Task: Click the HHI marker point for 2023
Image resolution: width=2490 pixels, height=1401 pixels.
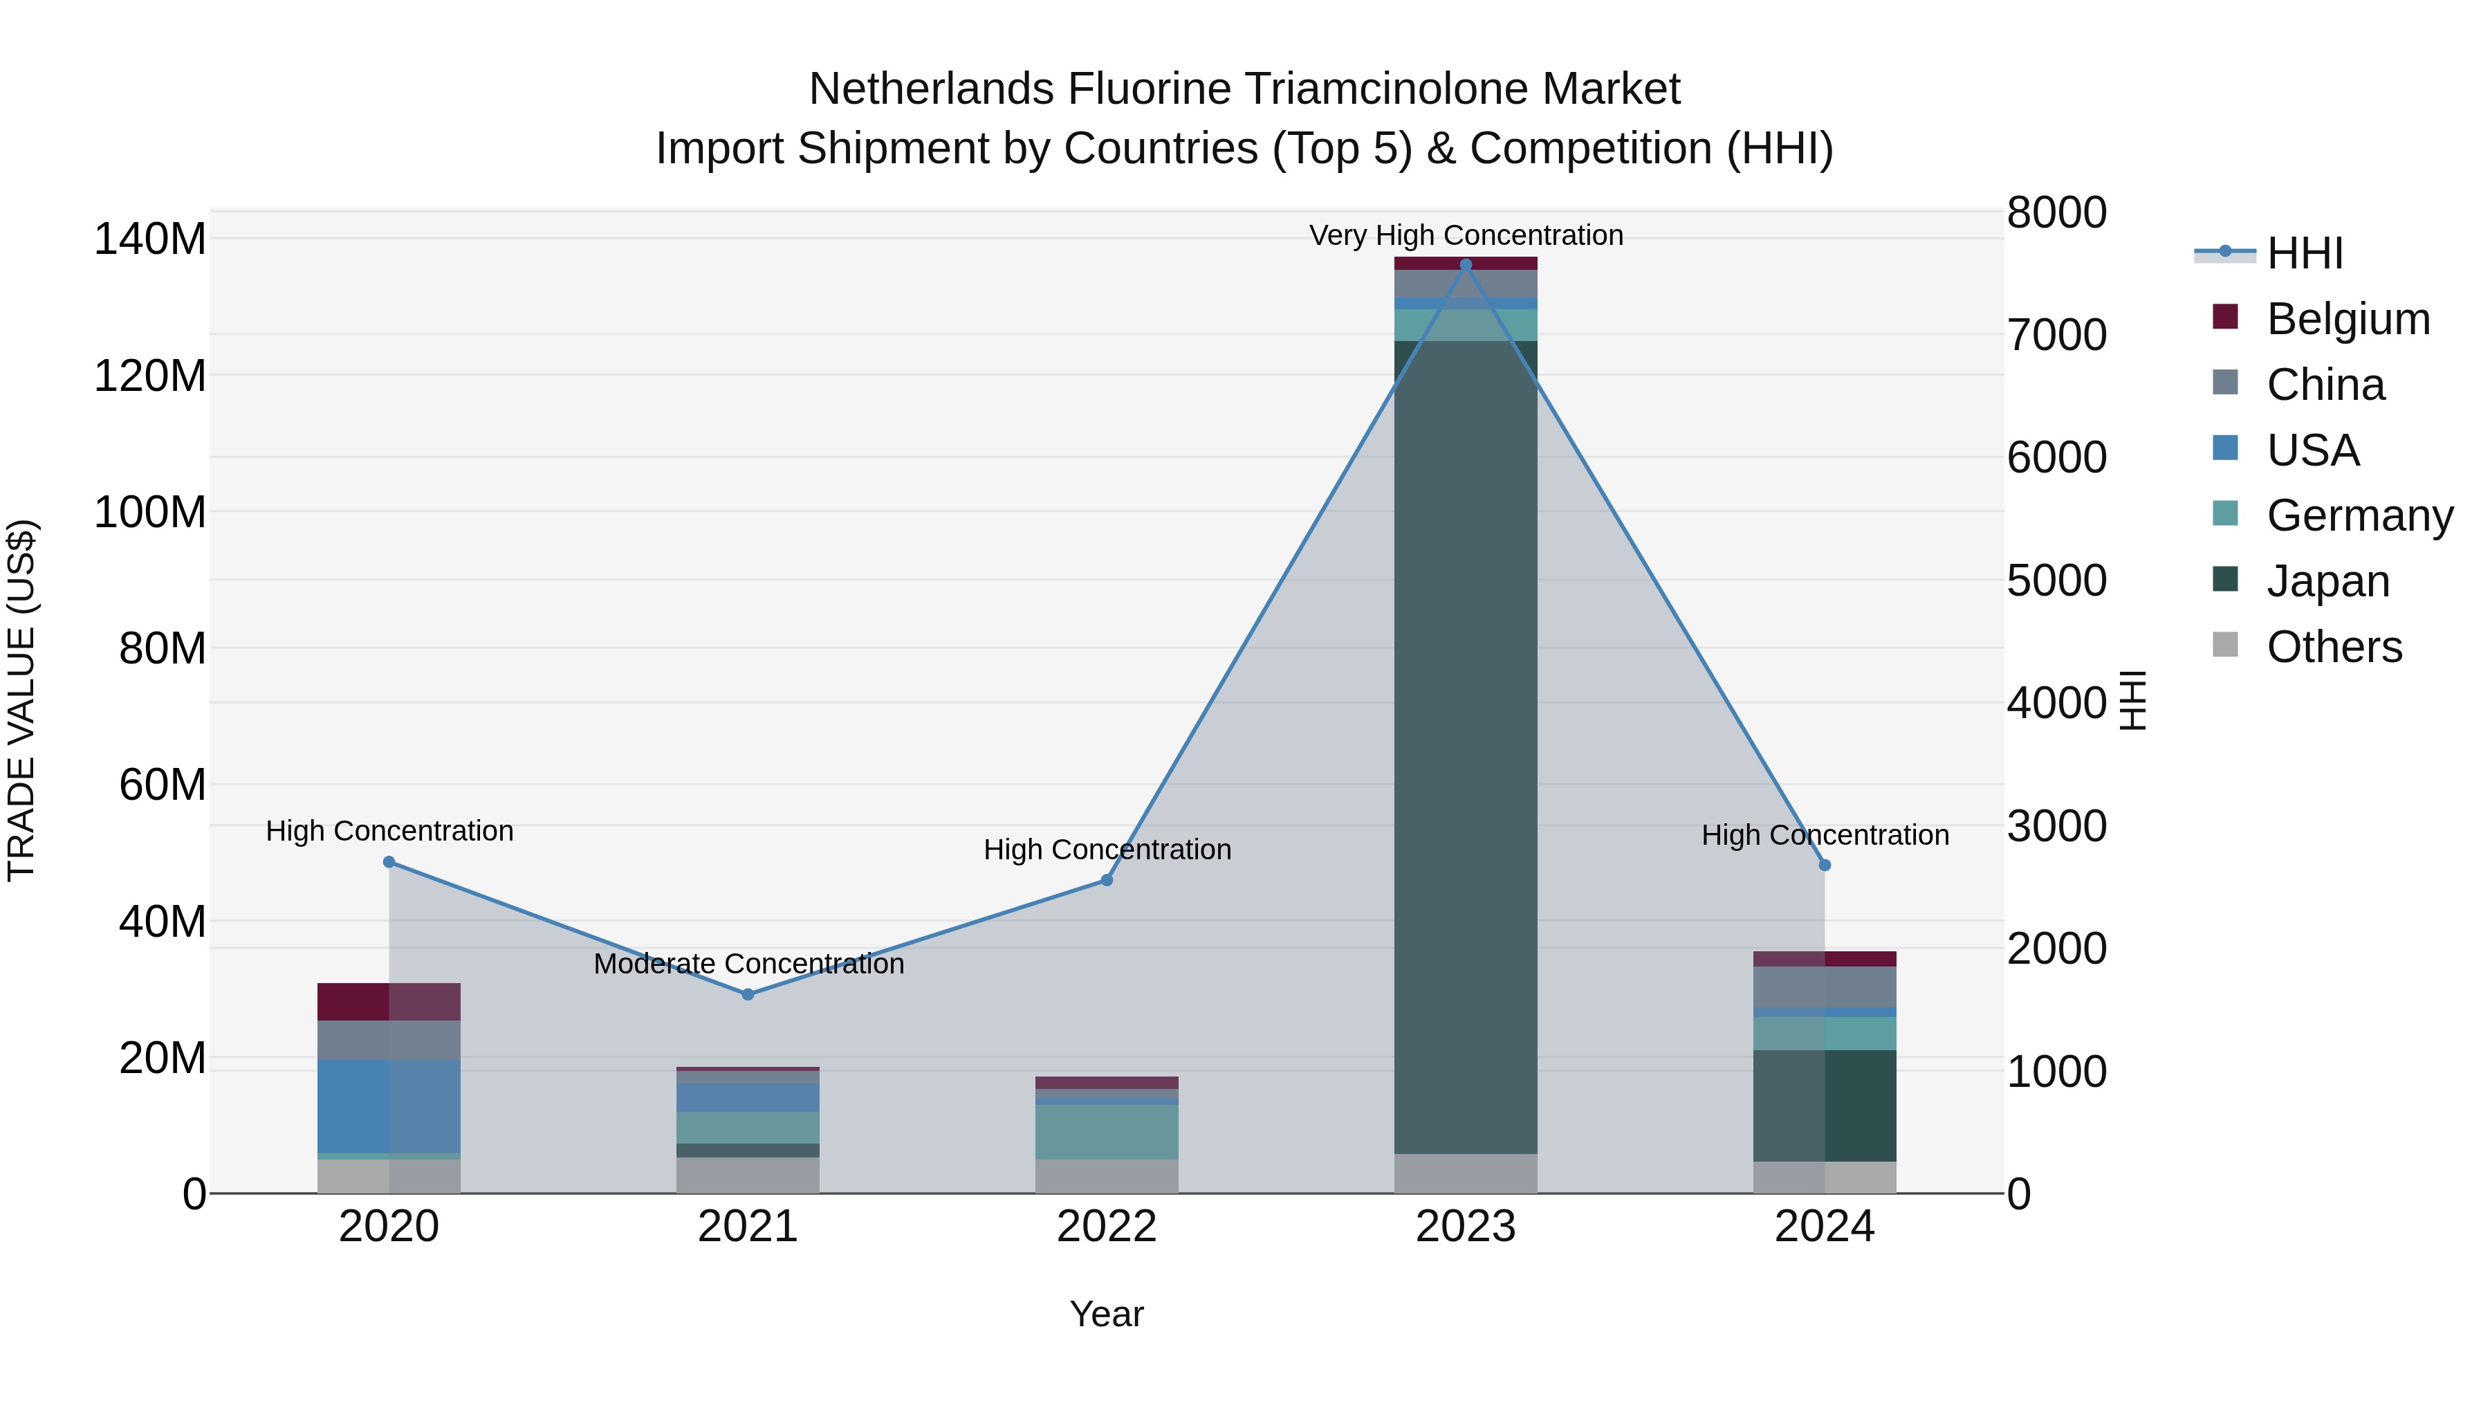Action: [1466, 265]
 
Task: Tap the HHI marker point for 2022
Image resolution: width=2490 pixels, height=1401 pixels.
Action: [1107, 880]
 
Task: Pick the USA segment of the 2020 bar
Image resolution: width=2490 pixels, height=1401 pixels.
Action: [389, 1105]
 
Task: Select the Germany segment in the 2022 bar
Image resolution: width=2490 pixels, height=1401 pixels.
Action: [1107, 1131]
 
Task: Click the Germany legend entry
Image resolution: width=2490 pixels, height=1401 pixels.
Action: [2359, 515]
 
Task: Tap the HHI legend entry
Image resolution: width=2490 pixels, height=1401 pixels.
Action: [2305, 253]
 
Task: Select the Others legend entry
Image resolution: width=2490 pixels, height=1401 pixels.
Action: [2334, 647]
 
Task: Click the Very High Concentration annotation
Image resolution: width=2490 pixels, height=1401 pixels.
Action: [1466, 235]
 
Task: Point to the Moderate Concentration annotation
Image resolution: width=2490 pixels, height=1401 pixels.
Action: [748, 964]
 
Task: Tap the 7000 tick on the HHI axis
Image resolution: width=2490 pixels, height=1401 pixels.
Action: [2056, 335]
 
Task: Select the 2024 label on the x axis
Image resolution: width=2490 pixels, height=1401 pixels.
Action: [1824, 1227]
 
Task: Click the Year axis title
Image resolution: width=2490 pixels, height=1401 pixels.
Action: [1106, 1314]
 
